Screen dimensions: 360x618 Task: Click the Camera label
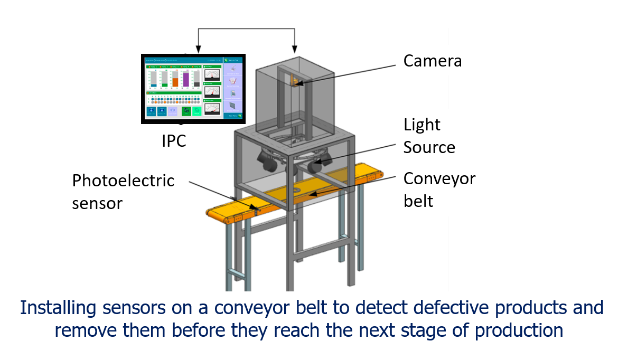click(x=432, y=61)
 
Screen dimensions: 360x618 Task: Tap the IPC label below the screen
click(x=174, y=141)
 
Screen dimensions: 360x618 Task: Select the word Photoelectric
click(x=123, y=181)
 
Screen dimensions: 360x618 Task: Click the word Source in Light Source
click(x=429, y=147)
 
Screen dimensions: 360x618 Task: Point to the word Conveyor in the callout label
click(x=439, y=178)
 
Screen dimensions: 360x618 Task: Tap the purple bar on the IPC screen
click(x=186, y=79)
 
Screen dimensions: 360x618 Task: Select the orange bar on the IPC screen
click(x=175, y=82)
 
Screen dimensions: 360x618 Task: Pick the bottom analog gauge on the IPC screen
click(x=212, y=109)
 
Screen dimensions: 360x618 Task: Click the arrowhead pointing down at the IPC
click(x=198, y=50)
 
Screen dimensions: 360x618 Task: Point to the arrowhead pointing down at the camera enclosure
click(x=295, y=50)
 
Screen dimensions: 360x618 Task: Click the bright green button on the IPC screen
click(x=196, y=111)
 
